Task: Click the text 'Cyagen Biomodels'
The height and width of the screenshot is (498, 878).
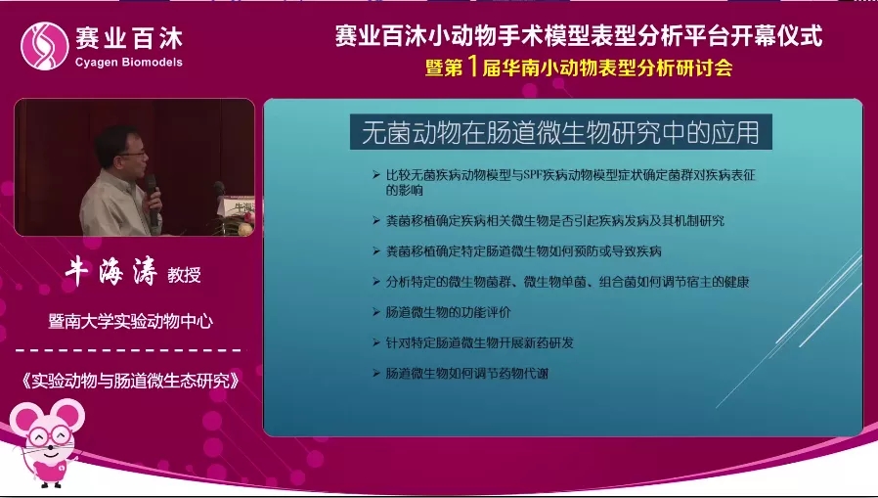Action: tap(128, 64)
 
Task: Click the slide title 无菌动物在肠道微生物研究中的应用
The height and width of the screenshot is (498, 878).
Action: tap(560, 130)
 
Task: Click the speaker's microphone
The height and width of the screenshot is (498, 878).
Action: tap(152, 186)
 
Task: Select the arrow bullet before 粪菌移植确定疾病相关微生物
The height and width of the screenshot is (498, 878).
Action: tap(377, 221)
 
